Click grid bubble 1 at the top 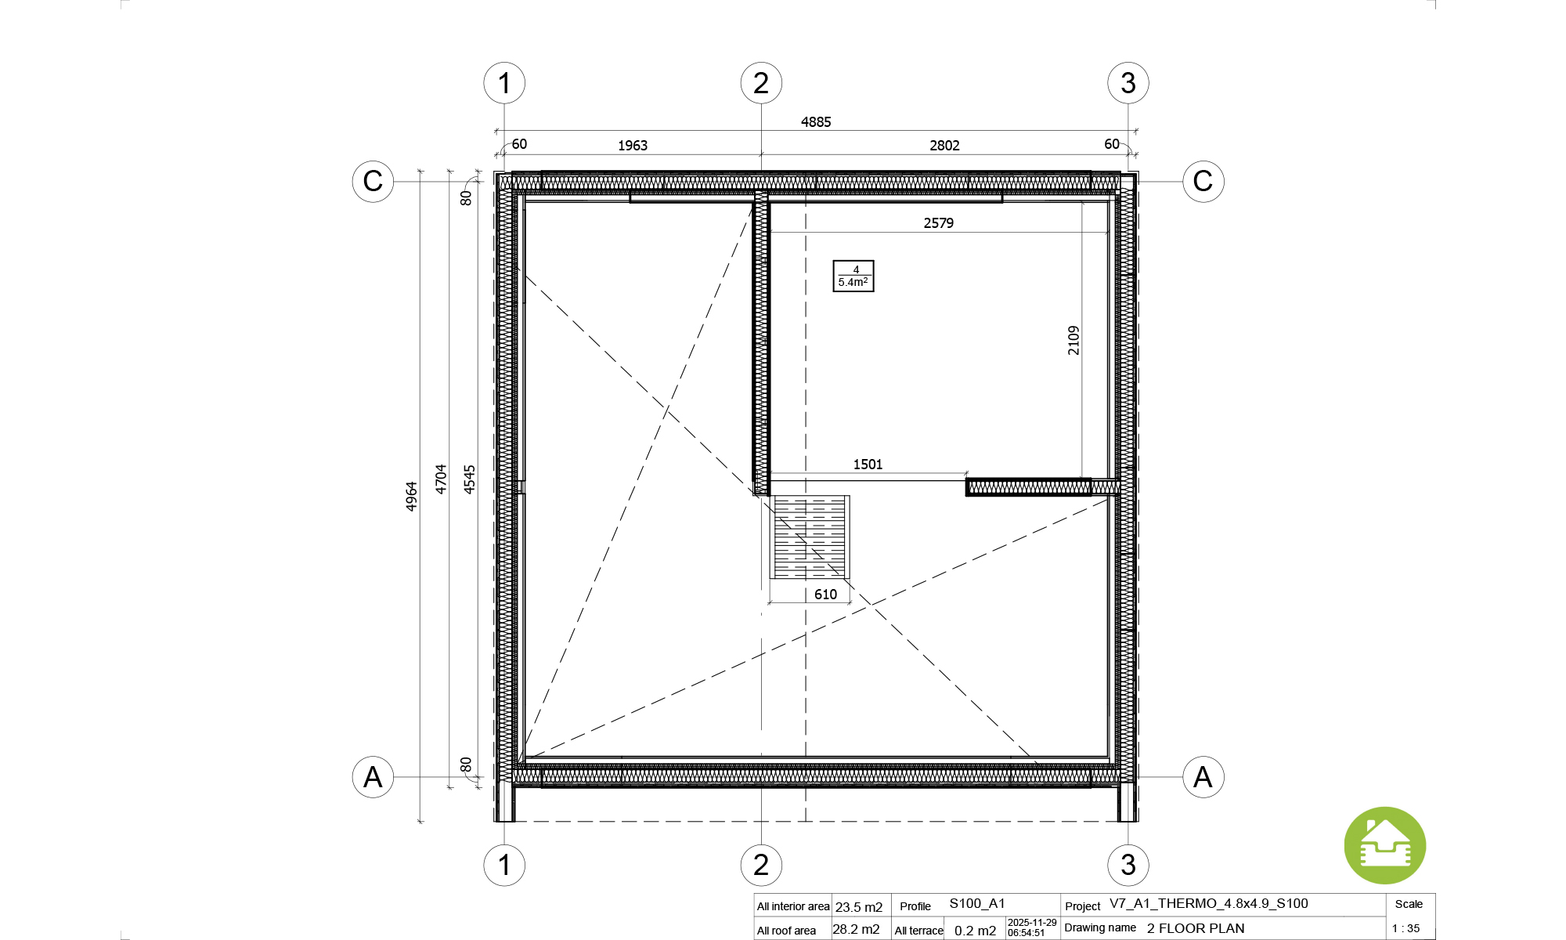pyautogui.click(x=504, y=83)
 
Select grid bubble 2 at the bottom pyautogui.click(x=761, y=865)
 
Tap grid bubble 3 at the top pyautogui.click(x=1128, y=83)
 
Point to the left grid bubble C pyautogui.click(x=373, y=181)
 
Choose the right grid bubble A pyautogui.click(x=1203, y=777)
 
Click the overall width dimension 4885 pyautogui.click(x=816, y=122)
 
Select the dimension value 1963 pyautogui.click(x=633, y=146)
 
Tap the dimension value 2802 pyautogui.click(x=944, y=146)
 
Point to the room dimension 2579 pyautogui.click(x=938, y=223)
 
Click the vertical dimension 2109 pyautogui.click(x=1073, y=341)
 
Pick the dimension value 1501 pyautogui.click(x=868, y=465)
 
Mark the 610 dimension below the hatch pyautogui.click(x=825, y=595)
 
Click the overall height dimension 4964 pyautogui.click(x=411, y=497)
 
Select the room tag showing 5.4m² pyautogui.click(x=853, y=276)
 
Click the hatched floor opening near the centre pyautogui.click(x=810, y=537)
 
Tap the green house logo pyautogui.click(x=1385, y=846)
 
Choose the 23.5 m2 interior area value pyautogui.click(x=859, y=907)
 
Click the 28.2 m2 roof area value pyautogui.click(x=856, y=930)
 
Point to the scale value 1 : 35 pyautogui.click(x=1405, y=929)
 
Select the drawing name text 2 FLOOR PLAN pyautogui.click(x=1196, y=928)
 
